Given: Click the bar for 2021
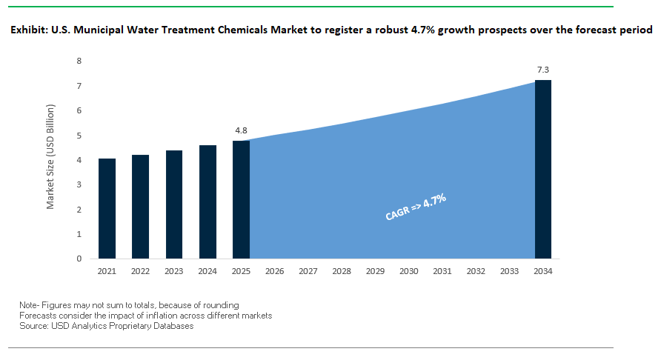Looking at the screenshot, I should [107, 209].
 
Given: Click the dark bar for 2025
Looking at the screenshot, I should [241, 200].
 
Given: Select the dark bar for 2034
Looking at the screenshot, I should [543, 170].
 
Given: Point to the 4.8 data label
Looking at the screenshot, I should [241, 130].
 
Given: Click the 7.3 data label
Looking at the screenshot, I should [543, 70].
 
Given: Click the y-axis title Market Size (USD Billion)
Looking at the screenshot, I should [51, 156].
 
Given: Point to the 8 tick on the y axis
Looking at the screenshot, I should [79, 61].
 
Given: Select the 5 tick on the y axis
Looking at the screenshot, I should [79, 136].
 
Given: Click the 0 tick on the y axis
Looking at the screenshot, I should [79, 259].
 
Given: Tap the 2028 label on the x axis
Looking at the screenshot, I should [342, 271].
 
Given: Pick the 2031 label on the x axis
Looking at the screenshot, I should [442, 271].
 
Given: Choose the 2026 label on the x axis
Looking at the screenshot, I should [275, 271].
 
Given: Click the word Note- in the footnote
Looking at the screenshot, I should [32, 305].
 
